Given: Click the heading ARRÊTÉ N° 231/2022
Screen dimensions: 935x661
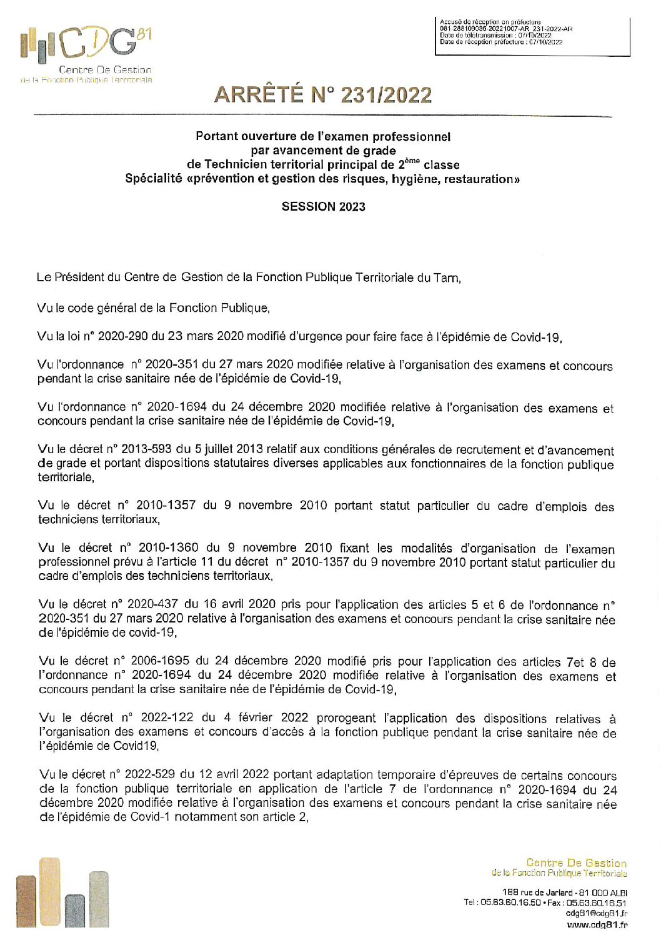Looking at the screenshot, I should [x=323, y=95].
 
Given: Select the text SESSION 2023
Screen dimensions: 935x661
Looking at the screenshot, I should [x=323, y=207].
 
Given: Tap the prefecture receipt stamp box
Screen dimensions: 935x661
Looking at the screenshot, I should [x=532, y=36].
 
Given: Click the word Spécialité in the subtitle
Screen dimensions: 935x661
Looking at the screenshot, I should [x=153, y=179].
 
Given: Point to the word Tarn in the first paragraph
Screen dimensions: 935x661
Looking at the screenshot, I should [x=446, y=277].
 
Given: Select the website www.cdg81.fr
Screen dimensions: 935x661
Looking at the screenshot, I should [x=597, y=924].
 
